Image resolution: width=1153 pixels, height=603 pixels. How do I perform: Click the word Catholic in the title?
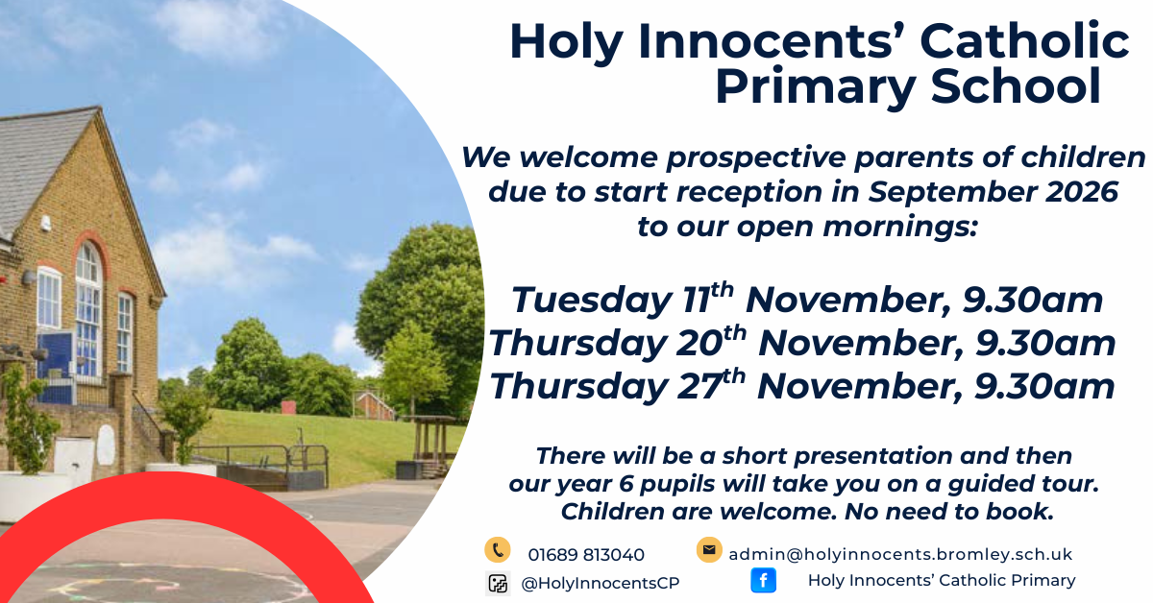click(1024, 41)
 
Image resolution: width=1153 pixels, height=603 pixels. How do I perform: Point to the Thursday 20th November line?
click(802, 342)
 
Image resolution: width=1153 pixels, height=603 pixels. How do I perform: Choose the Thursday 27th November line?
click(802, 385)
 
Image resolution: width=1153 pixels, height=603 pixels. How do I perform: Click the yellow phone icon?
click(498, 549)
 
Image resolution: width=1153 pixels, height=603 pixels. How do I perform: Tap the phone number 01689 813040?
click(586, 555)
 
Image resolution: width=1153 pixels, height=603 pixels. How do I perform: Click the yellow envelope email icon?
click(709, 549)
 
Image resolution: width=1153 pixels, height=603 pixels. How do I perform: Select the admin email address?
click(900, 554)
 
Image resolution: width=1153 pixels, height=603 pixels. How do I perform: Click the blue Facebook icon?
click(763, 580)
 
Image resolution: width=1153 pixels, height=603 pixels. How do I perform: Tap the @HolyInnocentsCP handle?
click(601, 583)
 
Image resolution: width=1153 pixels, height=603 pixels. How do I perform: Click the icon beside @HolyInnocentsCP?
click(498, 584)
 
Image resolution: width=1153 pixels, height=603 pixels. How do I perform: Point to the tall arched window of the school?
click(88, 309)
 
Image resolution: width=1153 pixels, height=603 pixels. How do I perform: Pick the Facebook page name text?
click(942, 580)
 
